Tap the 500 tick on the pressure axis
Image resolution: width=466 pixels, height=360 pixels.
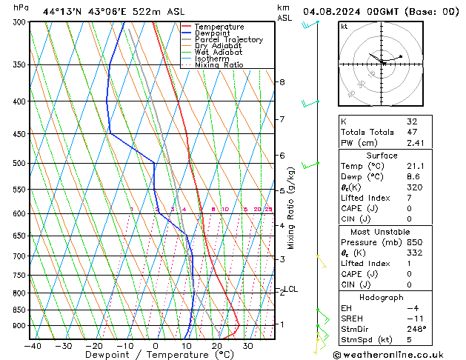19,163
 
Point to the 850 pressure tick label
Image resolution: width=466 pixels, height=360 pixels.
19,310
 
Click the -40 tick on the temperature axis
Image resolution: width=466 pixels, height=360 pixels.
32,345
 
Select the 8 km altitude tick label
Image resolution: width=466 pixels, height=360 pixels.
282,82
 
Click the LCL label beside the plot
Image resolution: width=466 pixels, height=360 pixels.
291,289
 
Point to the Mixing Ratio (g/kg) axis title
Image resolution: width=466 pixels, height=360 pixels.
291,208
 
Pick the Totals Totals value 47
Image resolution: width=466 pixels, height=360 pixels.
412,132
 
